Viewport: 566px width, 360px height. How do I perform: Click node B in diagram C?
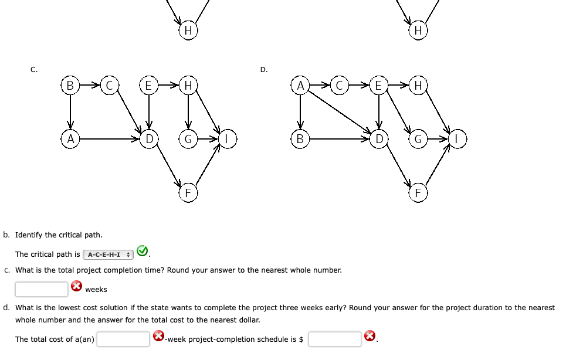pyautogui.click(x=70, y=86)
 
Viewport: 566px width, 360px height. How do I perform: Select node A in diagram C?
pyautogui.click(x=70, y=139)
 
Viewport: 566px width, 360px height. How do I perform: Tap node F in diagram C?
pyautogui.click(x=188, y=193)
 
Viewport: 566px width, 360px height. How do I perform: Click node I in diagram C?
pyautogui.click(x=228, y=139)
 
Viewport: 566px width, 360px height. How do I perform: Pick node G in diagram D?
pyautogui.click(x=418, y=139)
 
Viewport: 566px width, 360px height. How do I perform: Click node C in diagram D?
pyautogui.click(x=339, y=86)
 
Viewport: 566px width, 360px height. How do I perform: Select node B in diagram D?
pyautogui.click(x=300, y=139)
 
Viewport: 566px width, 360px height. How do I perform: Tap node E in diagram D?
pyautogui.click(x=379, y=86)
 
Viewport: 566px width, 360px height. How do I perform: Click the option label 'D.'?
pyautogui.click(x=264, y=70)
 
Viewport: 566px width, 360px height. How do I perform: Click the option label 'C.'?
pyautogui.click(x=34, y=70)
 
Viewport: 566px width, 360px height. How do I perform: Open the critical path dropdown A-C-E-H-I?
pyautogui.click(x=109, y=254)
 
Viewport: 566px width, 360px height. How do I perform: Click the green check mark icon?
pyautogui.click(x=142, y=252)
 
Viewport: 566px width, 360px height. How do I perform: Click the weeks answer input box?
pyautogui.click(x=42, y=289)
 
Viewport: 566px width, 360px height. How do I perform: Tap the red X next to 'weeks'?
pyautogui.click(x=76, y=287)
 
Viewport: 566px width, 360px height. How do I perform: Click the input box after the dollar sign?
pyautogui.click(x=334, y=339)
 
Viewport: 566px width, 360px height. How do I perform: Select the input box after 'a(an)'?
pyautogui.click(x=123, y=339)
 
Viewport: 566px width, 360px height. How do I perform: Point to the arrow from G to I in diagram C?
pyautogui.click(x=208, y=139)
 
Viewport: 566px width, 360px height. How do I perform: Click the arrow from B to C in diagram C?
pyautogui.click(x=89, y=86)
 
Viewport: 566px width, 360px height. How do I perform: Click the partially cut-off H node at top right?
pyautogui.click(x=418, y=29)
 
